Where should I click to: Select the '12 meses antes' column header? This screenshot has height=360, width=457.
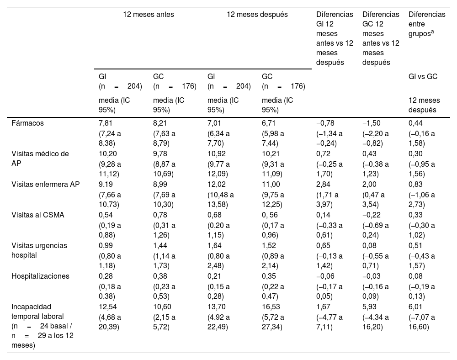pyautogui.click(x=149, y=14)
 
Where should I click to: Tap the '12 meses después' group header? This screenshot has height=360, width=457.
pyautogui.click(x=257, y=14)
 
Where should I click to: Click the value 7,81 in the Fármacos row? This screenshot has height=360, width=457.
pyautogui.click(x=106, y=123)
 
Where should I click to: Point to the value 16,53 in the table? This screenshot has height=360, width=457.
pyautogui.click(x=271, y=307)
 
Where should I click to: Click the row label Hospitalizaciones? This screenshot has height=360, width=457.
pyautogui.click(x=40, y=276)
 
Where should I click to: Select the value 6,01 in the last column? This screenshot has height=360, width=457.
pyautogui.click(x=416, y=307)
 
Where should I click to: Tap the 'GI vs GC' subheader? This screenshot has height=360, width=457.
pyautogui.click(x=423, y=76)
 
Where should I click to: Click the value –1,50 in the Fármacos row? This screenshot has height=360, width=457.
pyautogui.click(x=370, y=123)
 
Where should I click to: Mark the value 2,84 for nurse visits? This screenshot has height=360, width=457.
pyautogui.click(x=324, y=184)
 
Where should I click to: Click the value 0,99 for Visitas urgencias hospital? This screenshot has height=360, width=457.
pyautogui.click(x=106, y=245)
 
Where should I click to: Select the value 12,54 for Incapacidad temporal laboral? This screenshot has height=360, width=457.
pyautogui.click(x=108, y=307)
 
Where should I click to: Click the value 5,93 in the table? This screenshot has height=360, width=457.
pyautogui.click(x=369, y=307)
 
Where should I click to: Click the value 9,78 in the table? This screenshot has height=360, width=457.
pyautogui.click(x=160, y=154)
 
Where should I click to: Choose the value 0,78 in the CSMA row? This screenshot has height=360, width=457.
pyautogui.click(x=160, y=215)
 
